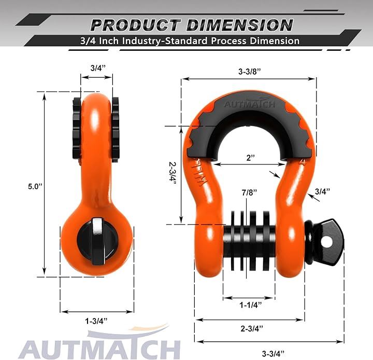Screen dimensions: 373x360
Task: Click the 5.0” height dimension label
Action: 35,186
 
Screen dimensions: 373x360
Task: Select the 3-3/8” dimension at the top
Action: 250,72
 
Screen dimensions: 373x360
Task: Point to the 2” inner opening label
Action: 251,158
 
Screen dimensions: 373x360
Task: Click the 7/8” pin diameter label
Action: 250,192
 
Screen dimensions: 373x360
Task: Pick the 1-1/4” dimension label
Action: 250,304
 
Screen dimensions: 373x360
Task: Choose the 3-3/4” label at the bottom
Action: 273,353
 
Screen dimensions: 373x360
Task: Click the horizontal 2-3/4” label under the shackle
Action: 252,328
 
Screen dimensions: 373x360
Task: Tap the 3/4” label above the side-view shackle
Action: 98,68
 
